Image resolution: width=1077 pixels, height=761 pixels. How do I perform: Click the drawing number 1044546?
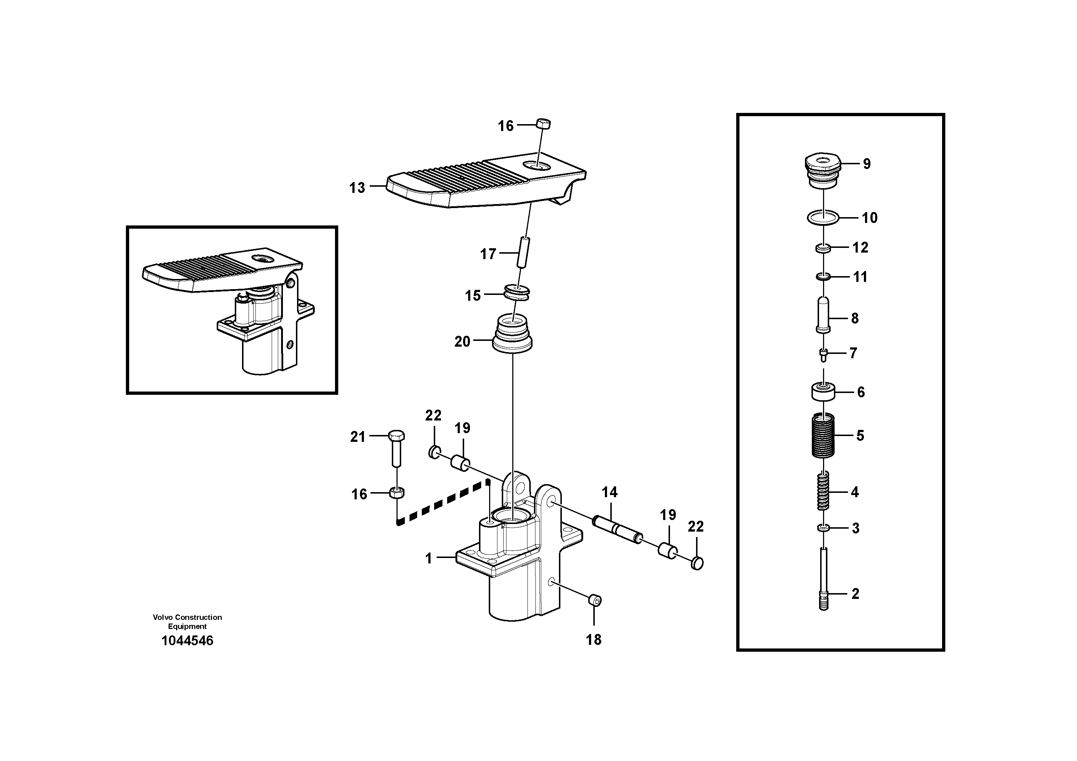tap(187, 640)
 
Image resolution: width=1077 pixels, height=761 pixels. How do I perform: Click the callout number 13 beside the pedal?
tap(357, 188)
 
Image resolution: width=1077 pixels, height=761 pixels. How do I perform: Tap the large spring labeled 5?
tap(823, 435)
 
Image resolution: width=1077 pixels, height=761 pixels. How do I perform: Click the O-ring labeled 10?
tap(823, 218)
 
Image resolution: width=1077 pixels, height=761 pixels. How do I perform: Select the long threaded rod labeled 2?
tap(824, 579)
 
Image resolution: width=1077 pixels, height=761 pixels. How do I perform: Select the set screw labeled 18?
tap(595, 600)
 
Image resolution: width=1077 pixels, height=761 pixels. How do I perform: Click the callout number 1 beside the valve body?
tap(428, 558)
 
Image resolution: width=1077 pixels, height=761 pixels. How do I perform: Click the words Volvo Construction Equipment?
tap(187, 622)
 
